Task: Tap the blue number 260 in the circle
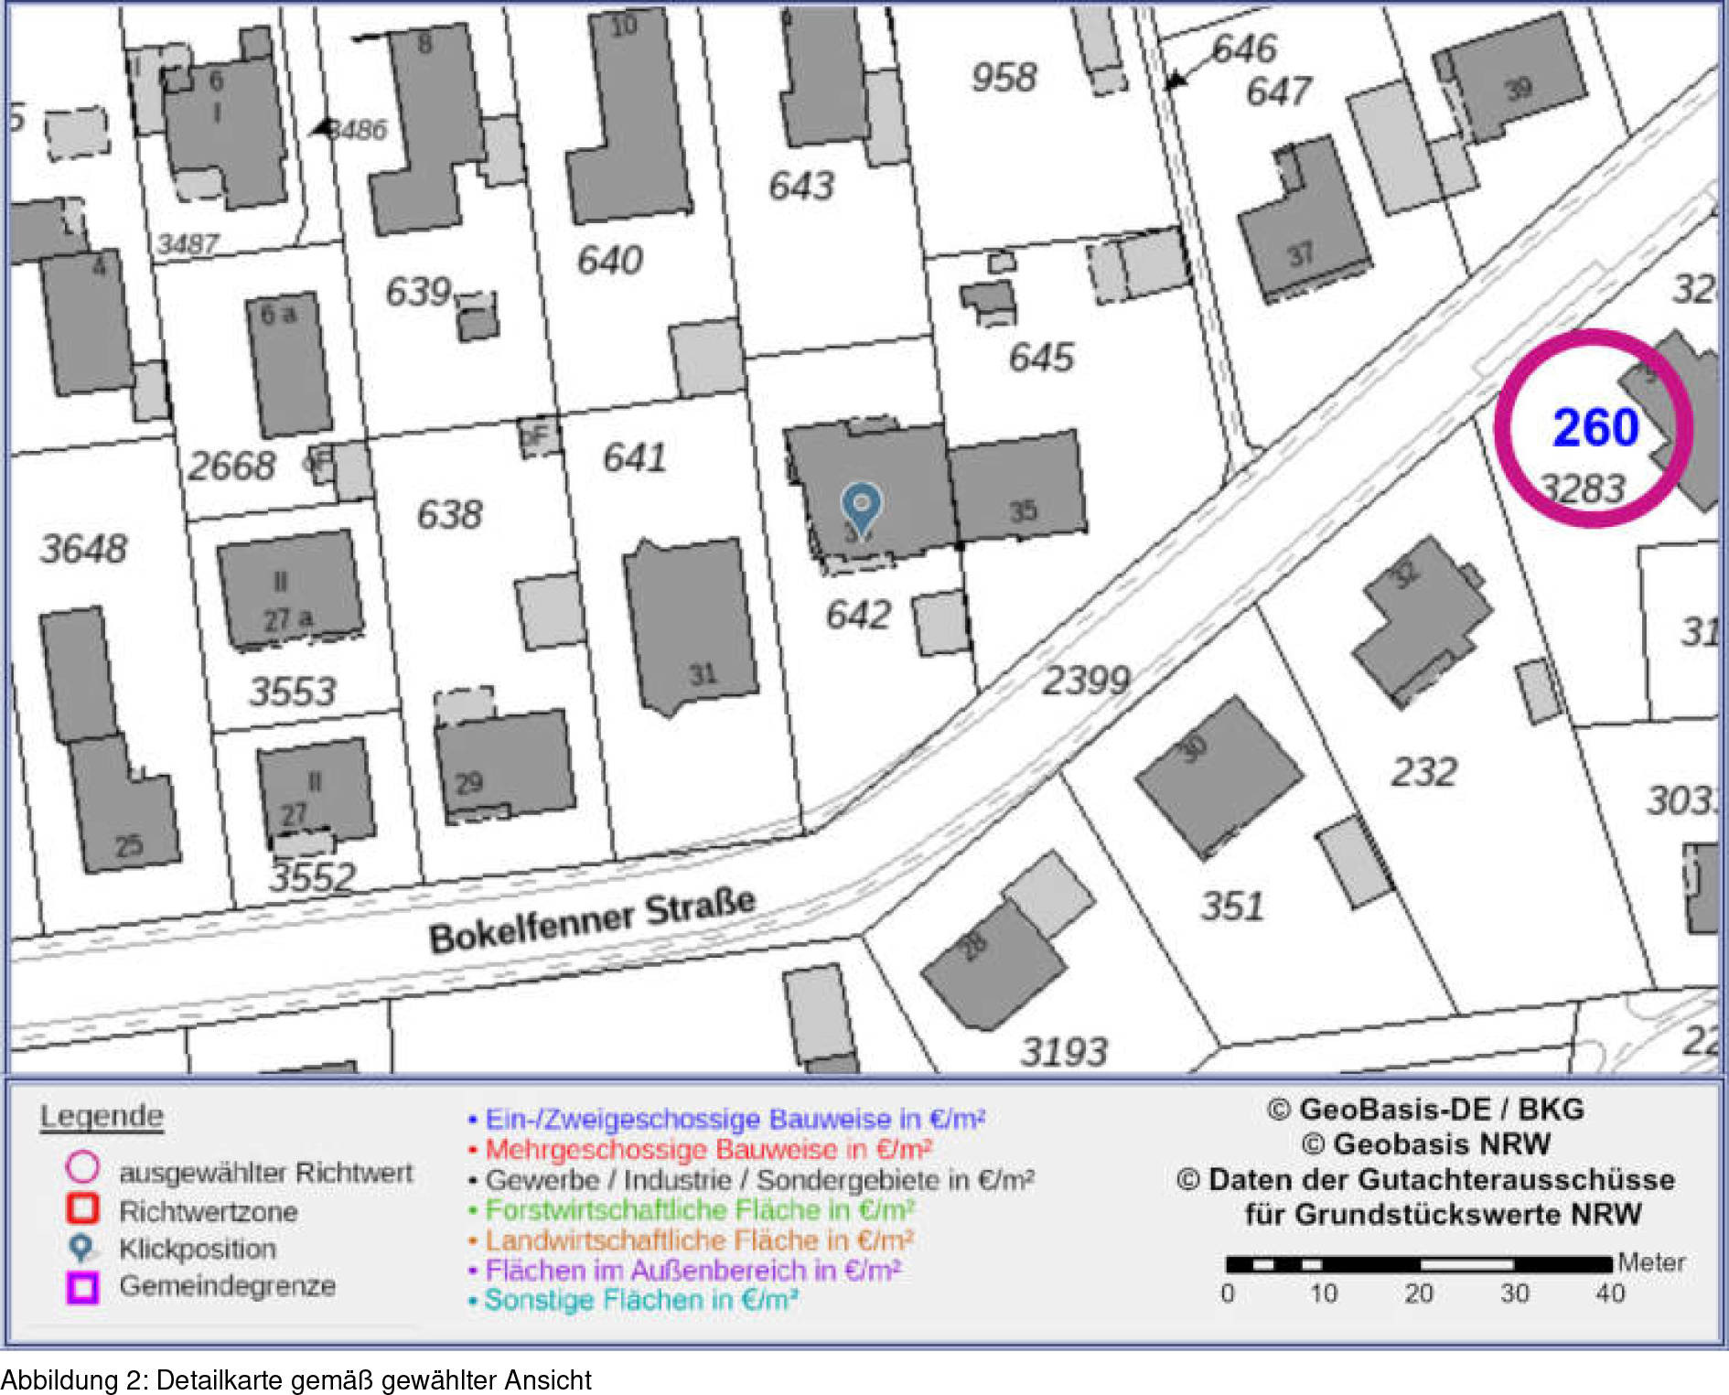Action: (x=1595, y=428)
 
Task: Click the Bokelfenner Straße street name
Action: (x=592, y=920)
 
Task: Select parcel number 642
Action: (x=858, y=615)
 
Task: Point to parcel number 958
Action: (x=1004, y=78)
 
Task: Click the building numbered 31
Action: (x=692, y=627)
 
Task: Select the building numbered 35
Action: (x=1018, y=487)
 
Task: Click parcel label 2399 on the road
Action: (x=1087, y=681)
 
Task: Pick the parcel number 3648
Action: (x=83, y=549)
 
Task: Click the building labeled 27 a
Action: (x=289, y=590)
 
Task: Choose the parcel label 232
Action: (x=1423, y=772)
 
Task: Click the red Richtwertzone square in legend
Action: (x=82, y=1208)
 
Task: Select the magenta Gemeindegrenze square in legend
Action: (x=82, y=1286)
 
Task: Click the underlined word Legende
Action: (x=102, y=1117)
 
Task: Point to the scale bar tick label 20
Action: (x=1418, y=1293)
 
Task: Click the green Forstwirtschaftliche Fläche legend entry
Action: (x=699, y=1210)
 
